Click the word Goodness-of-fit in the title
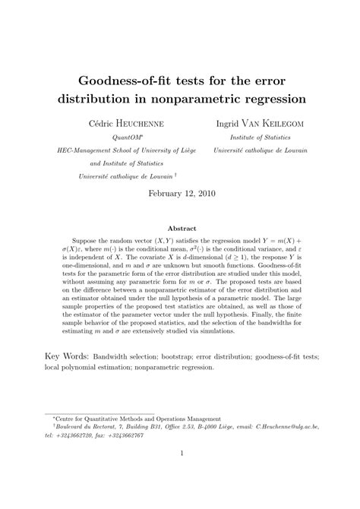[122, 79]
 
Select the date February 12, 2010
[179, 193]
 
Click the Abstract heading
[179, 228]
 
